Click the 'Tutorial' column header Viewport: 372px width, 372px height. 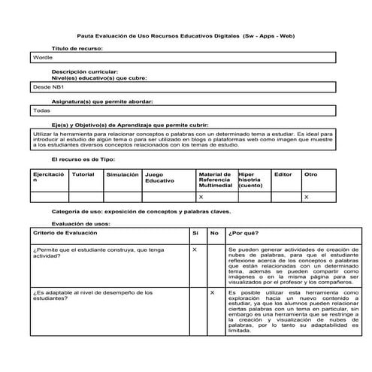(83, 174)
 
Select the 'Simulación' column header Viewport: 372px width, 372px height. (122, 174)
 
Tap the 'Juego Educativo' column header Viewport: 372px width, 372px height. (159, 177)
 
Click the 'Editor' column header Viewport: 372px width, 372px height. (283, 174)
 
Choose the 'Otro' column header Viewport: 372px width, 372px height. (310, 174)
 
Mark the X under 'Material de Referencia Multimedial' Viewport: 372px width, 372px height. (201, 197)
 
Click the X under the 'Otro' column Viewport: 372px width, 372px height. (306, 197)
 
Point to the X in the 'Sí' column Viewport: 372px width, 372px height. (195, 249)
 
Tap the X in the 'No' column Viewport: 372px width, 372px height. (213, 292)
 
